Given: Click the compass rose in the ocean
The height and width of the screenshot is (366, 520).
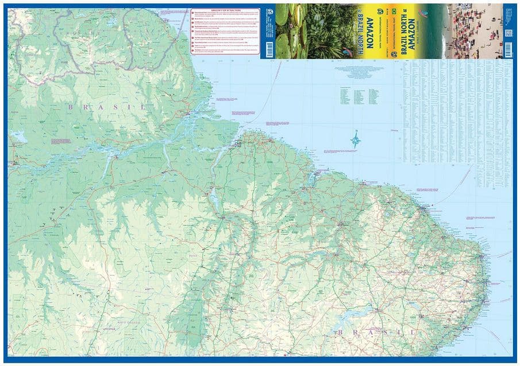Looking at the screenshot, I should pyautogui.click(x=356, y=139).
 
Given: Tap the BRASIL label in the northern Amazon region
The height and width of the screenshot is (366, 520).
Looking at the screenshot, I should pyautogui.click(x=107, y=107).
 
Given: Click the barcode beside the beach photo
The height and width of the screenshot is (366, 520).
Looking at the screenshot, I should pyautogui.click(x=508, y=32).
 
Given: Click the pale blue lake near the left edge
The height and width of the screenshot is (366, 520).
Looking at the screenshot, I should pyautogui.click(x=17, y=138).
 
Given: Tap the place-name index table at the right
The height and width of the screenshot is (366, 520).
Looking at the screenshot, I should pyautogui.click(x=457, y=109).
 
